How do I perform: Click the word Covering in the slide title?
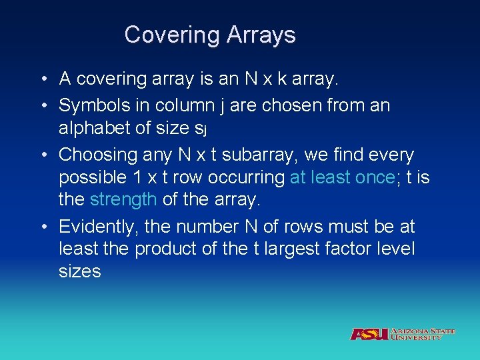coord(167,35)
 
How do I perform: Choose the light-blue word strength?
coord(123,200)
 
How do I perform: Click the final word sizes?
coord(79,272)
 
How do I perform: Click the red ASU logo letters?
coord(370,334)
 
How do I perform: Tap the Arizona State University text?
coord(423,334)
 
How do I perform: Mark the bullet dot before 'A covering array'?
coord(42,80)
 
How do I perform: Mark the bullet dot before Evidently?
coord(42,227)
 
